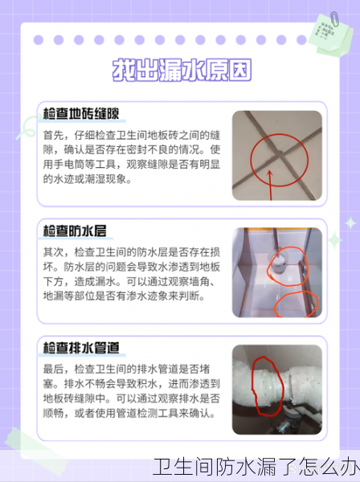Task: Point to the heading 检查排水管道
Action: [x=81, y=347]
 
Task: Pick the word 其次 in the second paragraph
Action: [x=54, y=252]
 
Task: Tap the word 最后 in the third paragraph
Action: [x=54, y=369]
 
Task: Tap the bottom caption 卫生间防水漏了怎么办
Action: [x=255, y=467]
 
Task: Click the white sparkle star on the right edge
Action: [x=350, y=224]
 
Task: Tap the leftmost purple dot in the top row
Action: [x=37, y=39]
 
